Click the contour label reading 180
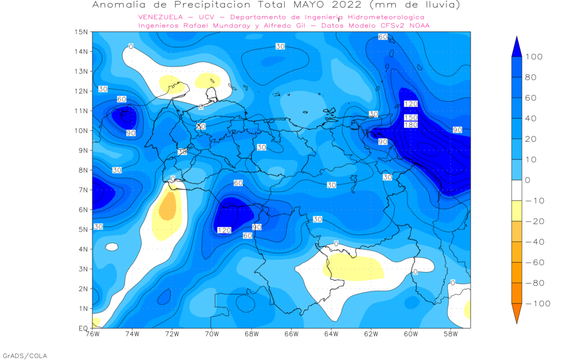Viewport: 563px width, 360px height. coord(411,125)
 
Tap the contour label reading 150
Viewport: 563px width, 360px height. coord(411,118)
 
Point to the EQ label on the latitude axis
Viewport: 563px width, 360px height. coord(82,328)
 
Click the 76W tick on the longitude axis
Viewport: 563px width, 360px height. coord(92,334)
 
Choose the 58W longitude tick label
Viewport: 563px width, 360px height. coord(450,334)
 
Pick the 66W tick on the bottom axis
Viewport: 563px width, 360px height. coord(291,334)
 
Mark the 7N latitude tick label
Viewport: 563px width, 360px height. coord(83,190)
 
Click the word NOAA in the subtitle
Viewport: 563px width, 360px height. coord(417,25)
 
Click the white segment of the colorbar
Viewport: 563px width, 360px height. coord(516,190)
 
